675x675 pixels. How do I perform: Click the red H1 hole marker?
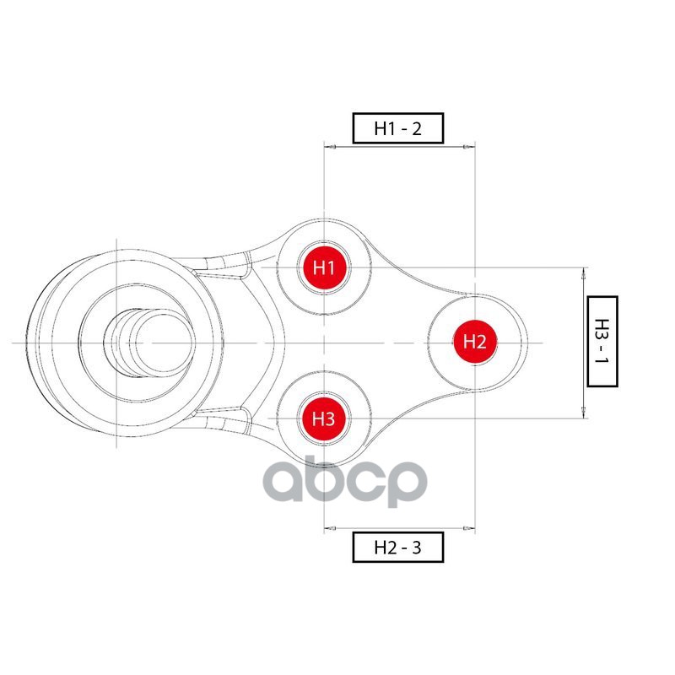point(324,267)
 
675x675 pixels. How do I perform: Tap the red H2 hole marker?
point(475,343)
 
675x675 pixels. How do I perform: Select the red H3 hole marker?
point(324,418)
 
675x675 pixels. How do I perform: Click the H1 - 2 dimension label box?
point(397,128)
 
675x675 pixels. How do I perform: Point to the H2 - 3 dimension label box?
point(397,547)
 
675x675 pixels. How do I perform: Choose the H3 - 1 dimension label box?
point(602,342)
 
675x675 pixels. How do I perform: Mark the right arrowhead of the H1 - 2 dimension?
point(469,147)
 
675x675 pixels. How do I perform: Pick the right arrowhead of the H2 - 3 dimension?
point(469,528)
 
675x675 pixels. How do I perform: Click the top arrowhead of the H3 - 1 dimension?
point(584,273)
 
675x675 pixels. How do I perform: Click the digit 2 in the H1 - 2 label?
point(416,128)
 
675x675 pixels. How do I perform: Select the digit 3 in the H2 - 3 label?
point(416,548)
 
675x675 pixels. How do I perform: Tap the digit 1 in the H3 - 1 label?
point(602,358)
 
